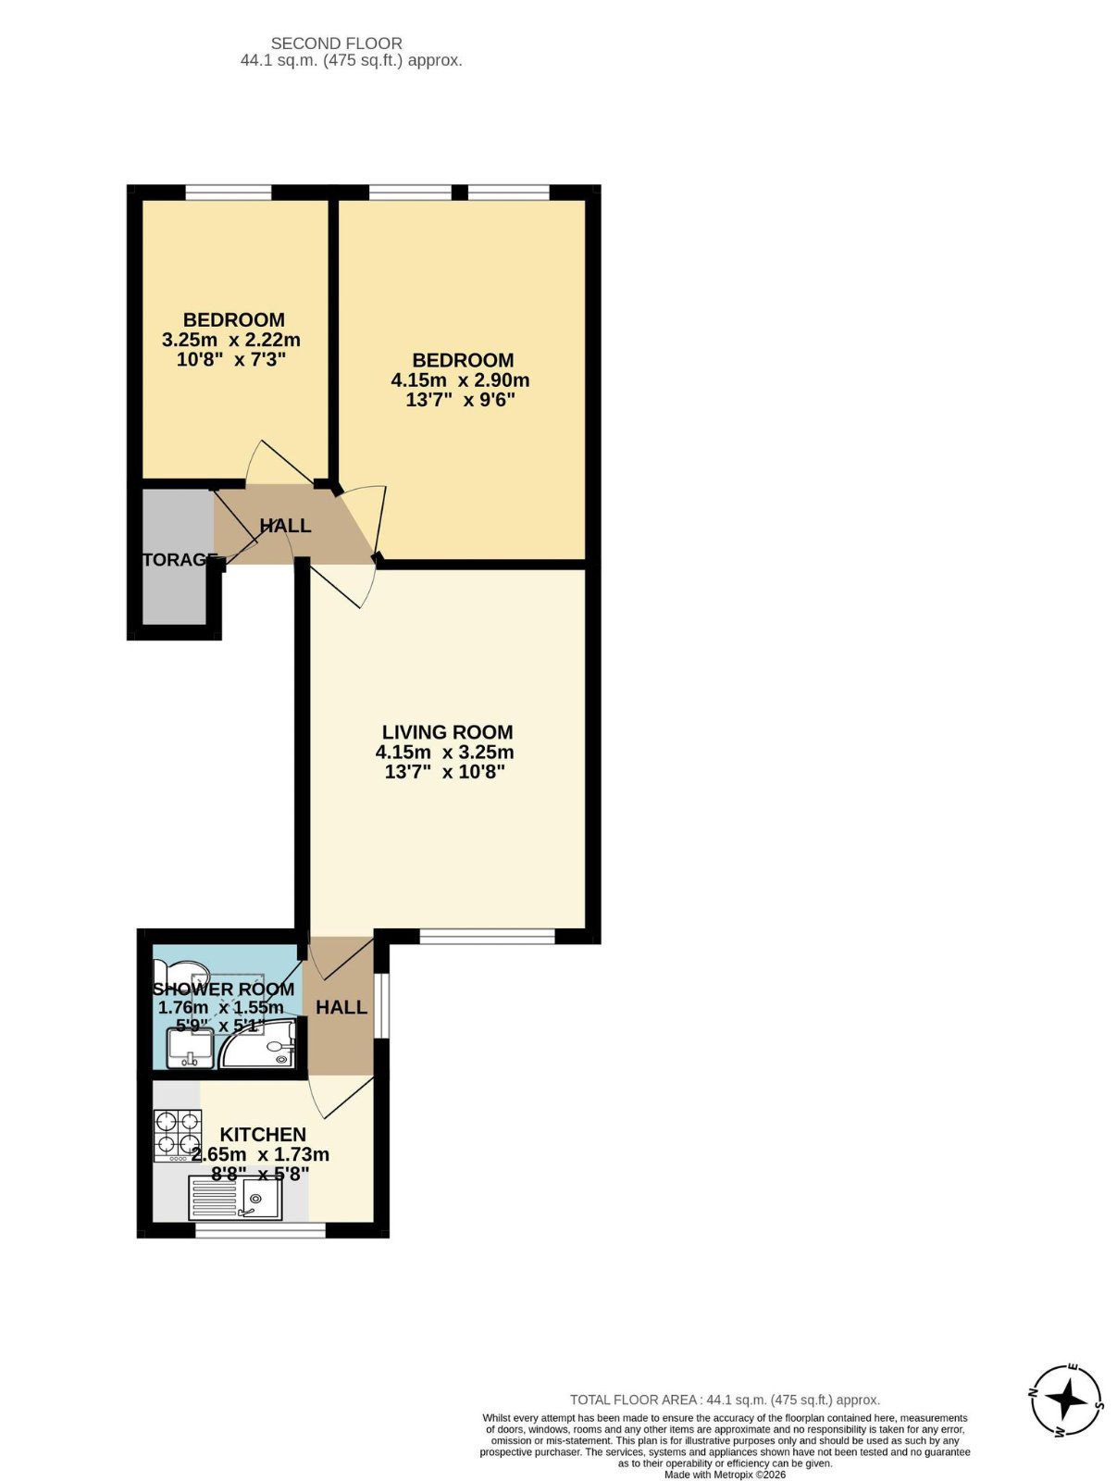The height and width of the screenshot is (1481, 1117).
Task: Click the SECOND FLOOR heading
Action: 336,44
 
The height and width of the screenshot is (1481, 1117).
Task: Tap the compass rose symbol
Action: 1067,1399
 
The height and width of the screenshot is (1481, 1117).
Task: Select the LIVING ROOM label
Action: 447,732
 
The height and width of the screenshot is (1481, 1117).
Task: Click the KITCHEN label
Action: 263,1135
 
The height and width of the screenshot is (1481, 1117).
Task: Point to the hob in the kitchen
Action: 177,1135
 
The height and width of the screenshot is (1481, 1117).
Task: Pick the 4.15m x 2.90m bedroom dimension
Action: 460,380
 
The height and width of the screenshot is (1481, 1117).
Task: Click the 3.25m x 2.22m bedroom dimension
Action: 231,340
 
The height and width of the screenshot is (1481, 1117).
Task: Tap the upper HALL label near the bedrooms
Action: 285,526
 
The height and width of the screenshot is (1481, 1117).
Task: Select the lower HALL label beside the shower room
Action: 341,1007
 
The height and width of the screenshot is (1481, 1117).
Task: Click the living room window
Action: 487,937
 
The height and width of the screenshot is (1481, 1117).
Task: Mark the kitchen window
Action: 260,1230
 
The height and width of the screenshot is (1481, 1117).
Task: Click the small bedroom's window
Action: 229,193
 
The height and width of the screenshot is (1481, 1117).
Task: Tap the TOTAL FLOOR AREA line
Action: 725,1400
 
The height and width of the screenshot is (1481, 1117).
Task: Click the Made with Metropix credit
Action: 725,1475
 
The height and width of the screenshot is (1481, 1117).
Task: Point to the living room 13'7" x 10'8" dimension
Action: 444,772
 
